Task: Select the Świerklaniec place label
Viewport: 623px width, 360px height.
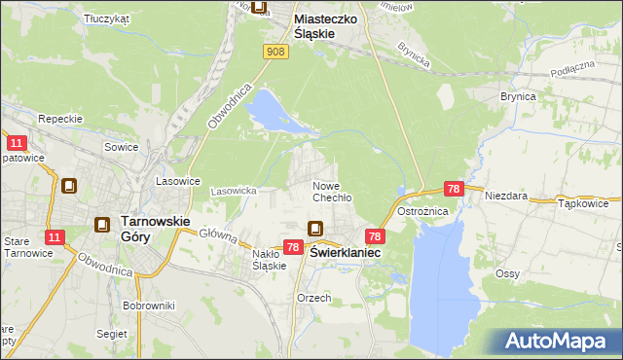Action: click(346, 251)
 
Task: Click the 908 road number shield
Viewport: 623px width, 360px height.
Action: click(275, 53)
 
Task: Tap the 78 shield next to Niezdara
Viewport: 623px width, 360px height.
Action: click(454, 189)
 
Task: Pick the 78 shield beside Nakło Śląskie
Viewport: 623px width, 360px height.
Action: click(293, 249)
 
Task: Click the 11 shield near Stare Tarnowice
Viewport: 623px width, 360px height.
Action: click(55, 236)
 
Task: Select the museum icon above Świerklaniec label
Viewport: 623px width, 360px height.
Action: click(316, 230)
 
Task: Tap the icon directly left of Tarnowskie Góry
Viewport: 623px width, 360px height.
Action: click(102, 225)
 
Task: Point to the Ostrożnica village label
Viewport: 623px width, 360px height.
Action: click(421, 211)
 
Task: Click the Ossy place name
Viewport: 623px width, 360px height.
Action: click(506, 273)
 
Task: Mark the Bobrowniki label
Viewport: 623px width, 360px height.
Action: click(148, 306)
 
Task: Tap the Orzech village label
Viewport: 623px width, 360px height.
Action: click(313, 298)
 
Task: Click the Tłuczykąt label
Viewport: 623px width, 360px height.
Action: click(106, 18)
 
